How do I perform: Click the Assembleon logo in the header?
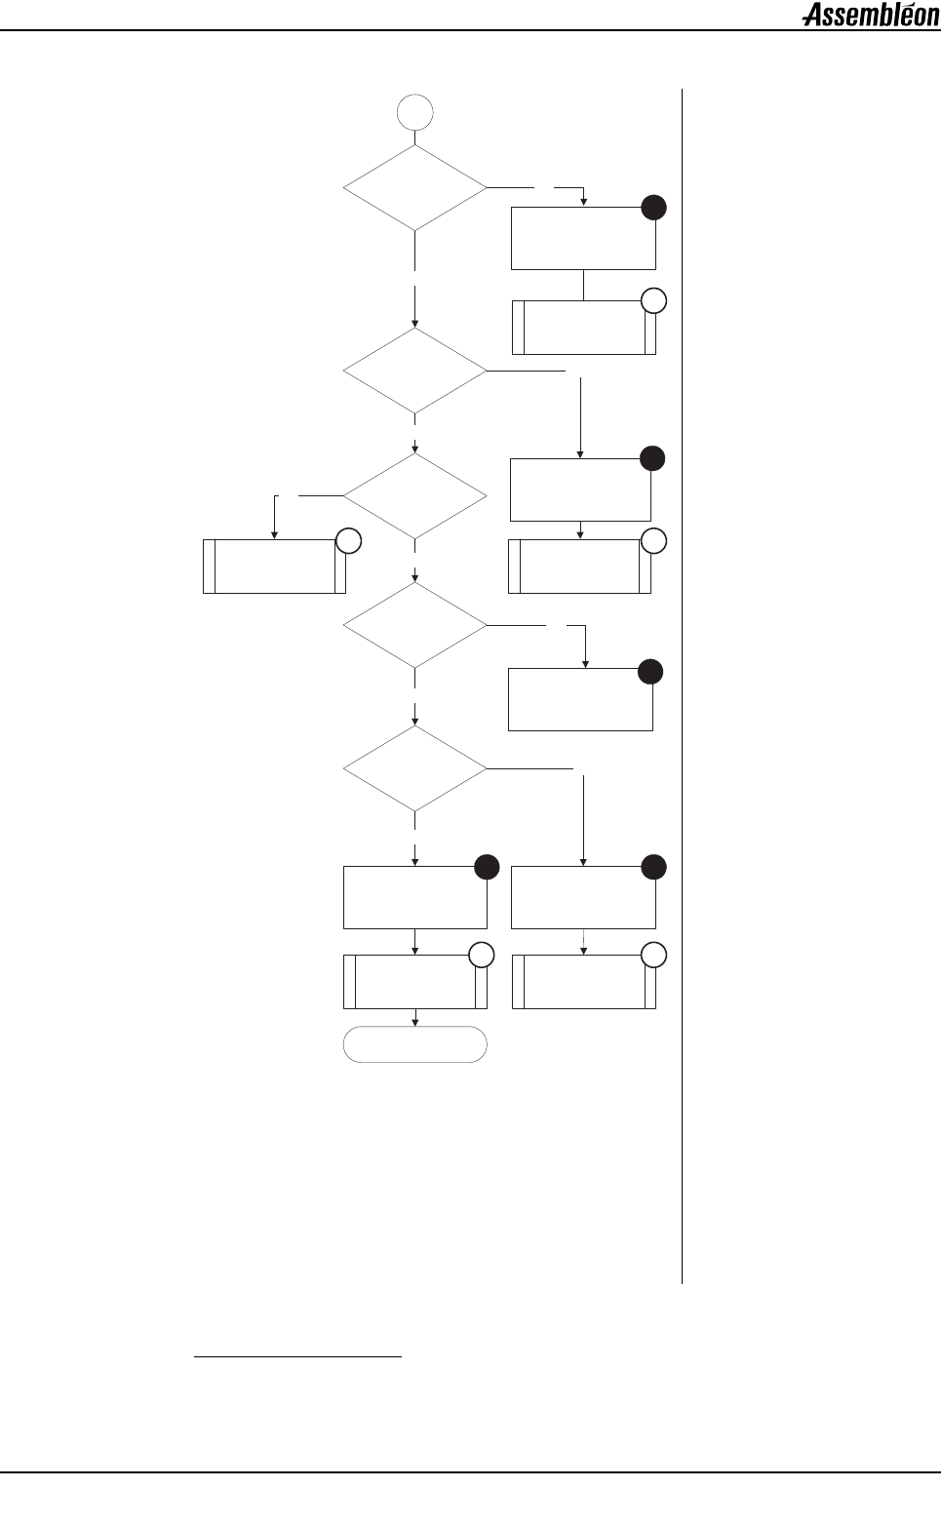click(870, 16)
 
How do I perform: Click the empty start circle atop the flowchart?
click(415, 113)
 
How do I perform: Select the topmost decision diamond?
click(415, 187)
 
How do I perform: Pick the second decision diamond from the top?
click(415, 371)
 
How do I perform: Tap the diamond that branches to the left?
click(415, 496)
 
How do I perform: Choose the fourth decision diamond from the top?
click(415, 625)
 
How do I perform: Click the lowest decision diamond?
click(415, 768)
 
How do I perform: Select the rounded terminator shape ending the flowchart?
click(415, 1043)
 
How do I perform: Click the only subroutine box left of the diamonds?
click(274, 566)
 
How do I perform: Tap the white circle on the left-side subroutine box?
click(348, 542)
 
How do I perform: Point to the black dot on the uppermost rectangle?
click(653, 207)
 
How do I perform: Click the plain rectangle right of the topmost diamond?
click(583, 238)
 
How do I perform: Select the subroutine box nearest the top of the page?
click(583, 328)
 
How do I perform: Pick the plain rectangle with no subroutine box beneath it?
click(580, 699)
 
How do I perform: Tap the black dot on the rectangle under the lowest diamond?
click(487, 866)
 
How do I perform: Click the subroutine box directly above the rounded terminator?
click(415, 982)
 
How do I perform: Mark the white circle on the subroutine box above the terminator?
click(482, 956)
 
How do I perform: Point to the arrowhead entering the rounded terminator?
click(416, 1022)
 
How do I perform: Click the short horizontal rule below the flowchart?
click(298, 1355)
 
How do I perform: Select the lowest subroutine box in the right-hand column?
click(583, 982)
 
